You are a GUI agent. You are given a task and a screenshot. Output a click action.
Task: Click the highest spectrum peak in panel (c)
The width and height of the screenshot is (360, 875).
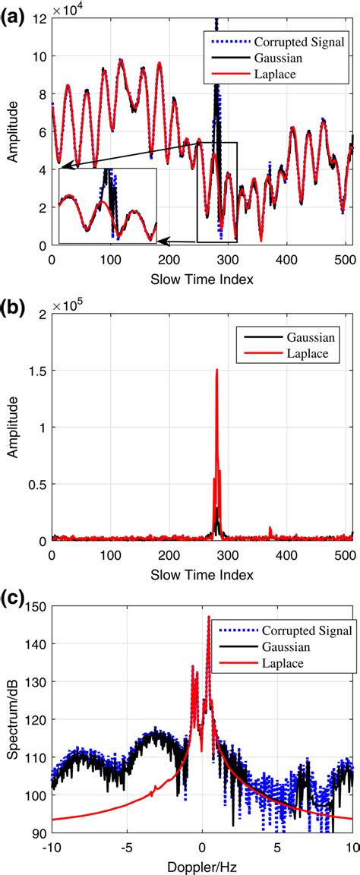[208, 596]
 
